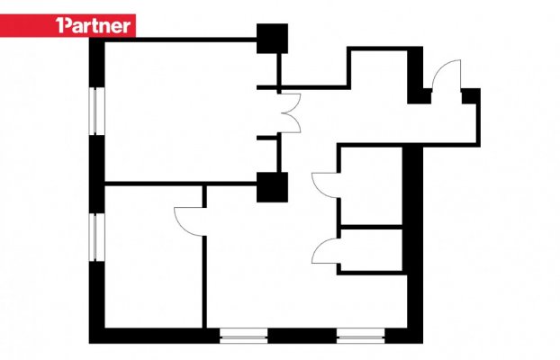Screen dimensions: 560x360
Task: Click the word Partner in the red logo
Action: pyautogui.click(x=97, y=26)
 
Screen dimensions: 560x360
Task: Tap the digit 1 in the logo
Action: pyautogui.click(x=59, y=25)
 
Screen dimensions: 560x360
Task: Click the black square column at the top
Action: pyautogui.click(x=272, y=39)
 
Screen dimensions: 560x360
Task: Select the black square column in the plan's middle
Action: pyautogui.click(x=272, y=187)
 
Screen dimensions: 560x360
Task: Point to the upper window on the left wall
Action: pyautogui.click(x=96, y=111)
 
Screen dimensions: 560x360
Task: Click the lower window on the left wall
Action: pyautogui.click(x=96, y=237)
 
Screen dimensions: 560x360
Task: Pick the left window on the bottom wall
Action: pyautogui.click(x=244, y=336)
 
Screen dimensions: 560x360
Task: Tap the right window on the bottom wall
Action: pyautogui.click(x=361, y=336)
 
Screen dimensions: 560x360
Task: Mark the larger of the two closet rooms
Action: pyautogui.click(x=372, y=185)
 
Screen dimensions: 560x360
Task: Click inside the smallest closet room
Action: pyautogui.click(x=372, y=250)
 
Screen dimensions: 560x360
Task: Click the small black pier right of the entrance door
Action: pyautogui.click(x=471, y=96)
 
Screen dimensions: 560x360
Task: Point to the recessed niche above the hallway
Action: pyautogui.click(x=379, y=67)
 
